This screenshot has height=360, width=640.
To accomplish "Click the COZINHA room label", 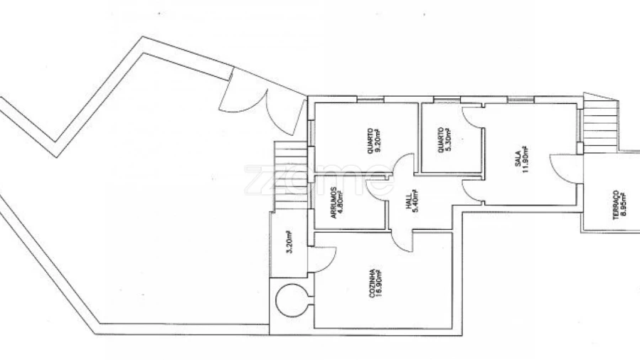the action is tap(372, 283).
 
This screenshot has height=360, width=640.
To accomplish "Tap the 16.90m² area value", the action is tap(379, 282).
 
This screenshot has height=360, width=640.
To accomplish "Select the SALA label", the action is tap(518, 159).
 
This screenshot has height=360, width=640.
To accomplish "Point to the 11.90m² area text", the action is tap(525, 159).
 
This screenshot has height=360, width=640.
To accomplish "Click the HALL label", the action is tap(409, 203).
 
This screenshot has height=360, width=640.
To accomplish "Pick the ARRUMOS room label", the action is tap(334, 203).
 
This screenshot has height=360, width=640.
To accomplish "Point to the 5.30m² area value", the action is tap(447, 140).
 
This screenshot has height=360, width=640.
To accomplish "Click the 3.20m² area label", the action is tap(289, 242).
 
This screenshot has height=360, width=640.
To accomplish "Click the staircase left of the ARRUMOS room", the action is tap(290, 176).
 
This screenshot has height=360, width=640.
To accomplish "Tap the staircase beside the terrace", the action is tap(600, 124).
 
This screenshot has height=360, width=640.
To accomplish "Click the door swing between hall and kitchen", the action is tap(402, 240).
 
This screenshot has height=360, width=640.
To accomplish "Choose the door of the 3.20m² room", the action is tap(321, 260).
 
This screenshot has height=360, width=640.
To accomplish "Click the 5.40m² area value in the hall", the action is tap(416, 201).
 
